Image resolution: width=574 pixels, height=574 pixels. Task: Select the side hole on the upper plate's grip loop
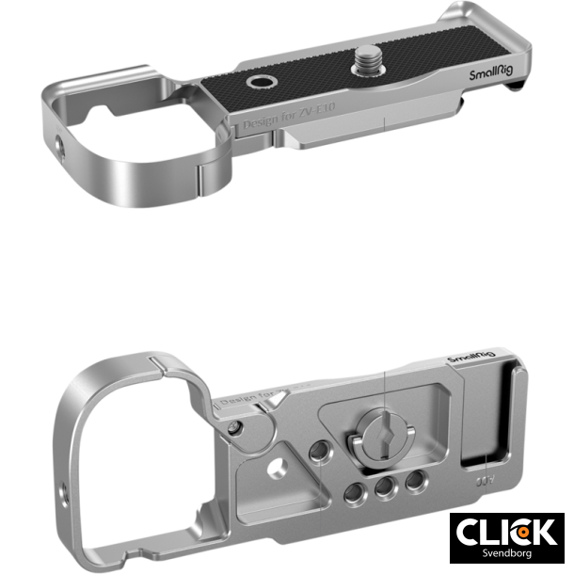coord(59,145)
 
